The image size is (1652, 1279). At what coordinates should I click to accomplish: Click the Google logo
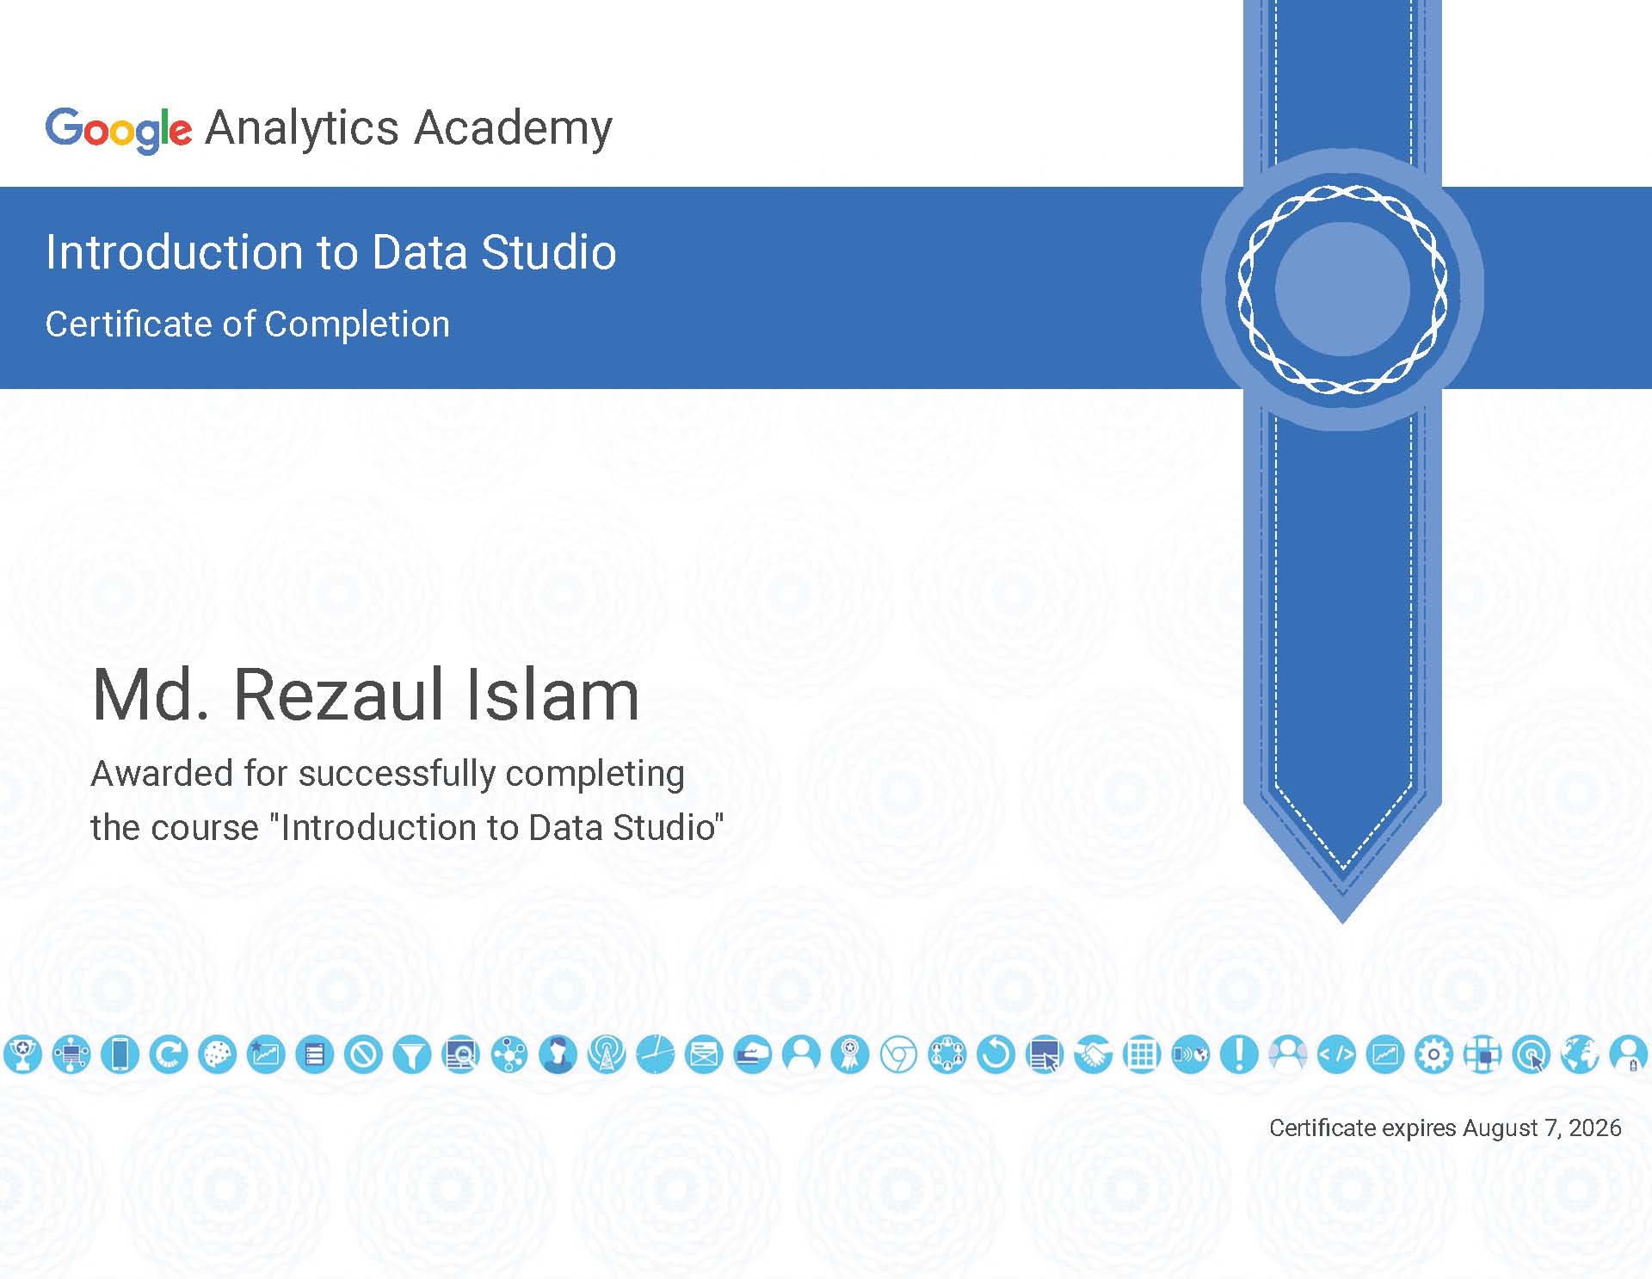pos(119,130)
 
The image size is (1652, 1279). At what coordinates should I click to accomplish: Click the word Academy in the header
pos(514,129)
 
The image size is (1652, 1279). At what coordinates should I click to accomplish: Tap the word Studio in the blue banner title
pos(549,252)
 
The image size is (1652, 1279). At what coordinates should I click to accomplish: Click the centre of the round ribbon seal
pos(1342,289)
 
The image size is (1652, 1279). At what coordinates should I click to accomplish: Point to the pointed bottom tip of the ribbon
pos(1343,922)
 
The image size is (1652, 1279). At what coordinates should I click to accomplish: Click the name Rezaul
pos(338,695)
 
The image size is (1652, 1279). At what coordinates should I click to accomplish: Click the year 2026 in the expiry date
pos(1595,1128)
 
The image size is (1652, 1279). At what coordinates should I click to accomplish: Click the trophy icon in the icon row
pos(23,1054)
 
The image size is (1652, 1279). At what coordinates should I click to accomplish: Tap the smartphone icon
pos(120,1054)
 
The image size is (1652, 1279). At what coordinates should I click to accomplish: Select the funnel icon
pos(412,1054)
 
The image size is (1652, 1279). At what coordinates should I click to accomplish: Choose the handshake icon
pos(1094,1054)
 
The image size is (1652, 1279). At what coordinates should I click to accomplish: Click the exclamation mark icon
pos(1239,1054)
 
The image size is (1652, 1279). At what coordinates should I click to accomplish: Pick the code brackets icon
pos(1337,1054)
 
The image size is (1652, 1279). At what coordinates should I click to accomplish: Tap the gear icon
pos(1434,1054)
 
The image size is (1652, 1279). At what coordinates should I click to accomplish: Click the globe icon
pos(1580,1054)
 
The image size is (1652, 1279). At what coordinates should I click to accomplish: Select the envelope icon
pos(704,1054)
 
